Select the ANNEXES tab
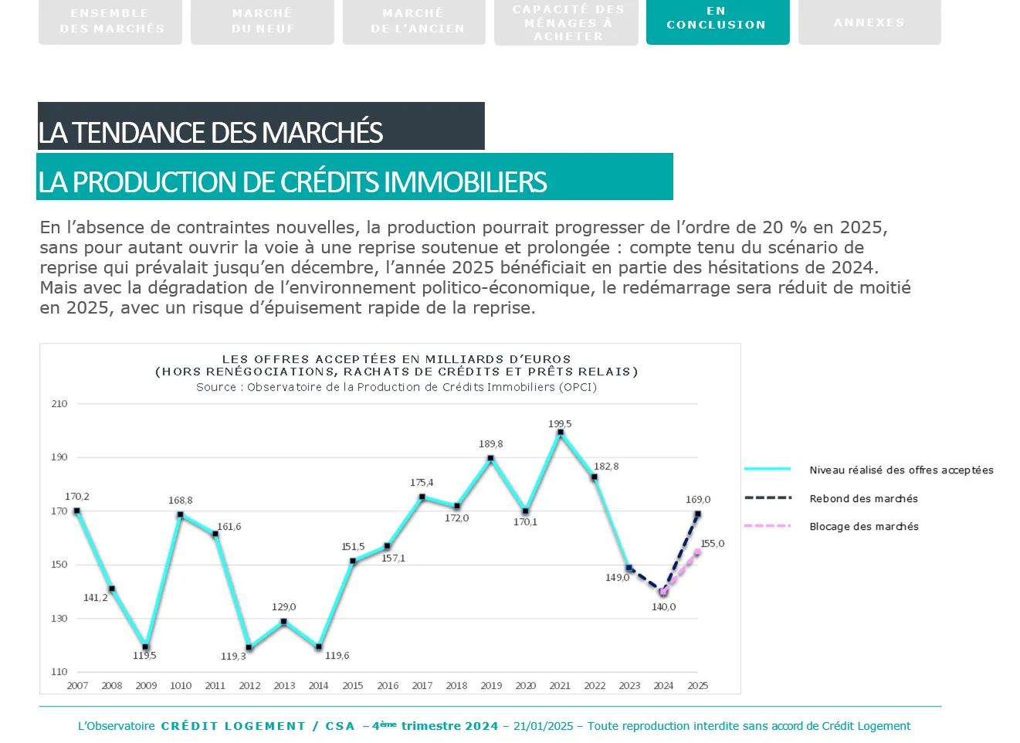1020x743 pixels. point(869,22)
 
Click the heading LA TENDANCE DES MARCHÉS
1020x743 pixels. point(211,133)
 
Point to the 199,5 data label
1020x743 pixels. point(560,424)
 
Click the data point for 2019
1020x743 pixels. point(491,459)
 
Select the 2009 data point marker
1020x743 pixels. point(145,647)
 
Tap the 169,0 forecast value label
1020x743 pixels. point(698,500)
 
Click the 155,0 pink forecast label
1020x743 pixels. point(712,544)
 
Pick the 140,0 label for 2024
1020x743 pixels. point(663,607)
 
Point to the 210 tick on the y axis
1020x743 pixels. point(59,404)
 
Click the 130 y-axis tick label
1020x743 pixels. point(59,619)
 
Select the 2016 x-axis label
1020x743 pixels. point(388,686)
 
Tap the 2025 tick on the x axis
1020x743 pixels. point(698,686)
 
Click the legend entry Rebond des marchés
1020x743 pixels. point(863,499)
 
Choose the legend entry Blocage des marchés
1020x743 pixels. point(863,527)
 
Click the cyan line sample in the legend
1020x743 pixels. point(768,470)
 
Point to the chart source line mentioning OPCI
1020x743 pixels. point(396,387)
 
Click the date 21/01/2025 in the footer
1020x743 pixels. point(543,726)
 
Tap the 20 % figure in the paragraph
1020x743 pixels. point(784,228)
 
